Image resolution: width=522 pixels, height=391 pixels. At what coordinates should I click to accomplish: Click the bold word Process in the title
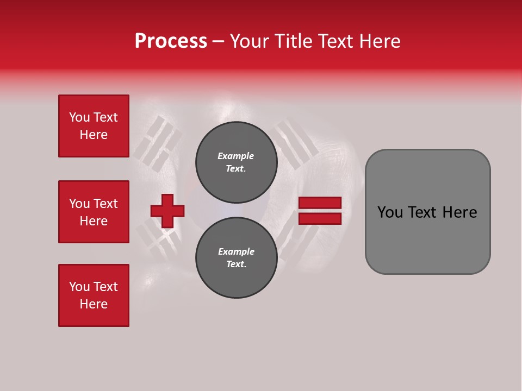pyautogui.click(x=171, y=41)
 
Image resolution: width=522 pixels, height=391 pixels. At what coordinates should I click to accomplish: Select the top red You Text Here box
pyautogui.click(x=94, y=126)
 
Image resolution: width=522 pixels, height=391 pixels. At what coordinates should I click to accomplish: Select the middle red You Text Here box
pyautogui.click(x=94, y=212)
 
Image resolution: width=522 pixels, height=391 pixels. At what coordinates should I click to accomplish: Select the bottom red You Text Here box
pyautogui.click(x=94, y=295)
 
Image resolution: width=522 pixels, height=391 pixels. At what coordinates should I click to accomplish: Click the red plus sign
pyautogui.click(x=167, y=210)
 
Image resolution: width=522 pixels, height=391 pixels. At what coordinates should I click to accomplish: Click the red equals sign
pyautogui.click(x=320, y=211)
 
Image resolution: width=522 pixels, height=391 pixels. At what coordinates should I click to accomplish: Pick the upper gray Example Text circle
pyautogui.click(x=236, y=162)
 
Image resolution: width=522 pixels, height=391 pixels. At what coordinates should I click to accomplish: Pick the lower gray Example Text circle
pyautogui.click(x=236, y=258)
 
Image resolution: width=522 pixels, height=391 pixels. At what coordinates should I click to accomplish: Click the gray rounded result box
pyautogui.click(x=427, y=212)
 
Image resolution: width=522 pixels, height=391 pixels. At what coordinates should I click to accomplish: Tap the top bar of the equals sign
pyautogui.click(x=320, y=203)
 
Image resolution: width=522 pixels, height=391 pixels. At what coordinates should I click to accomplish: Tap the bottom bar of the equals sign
pyautogui.click(x=320, y=218)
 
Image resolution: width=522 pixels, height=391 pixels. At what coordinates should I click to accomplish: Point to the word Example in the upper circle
pyautogui.click(x=236, y=156)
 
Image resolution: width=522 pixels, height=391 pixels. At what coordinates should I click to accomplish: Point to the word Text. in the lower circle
pyautogui.click(x=236, y=264)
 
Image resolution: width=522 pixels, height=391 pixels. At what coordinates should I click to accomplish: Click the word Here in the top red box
pyautogui.click(x=94, y=135)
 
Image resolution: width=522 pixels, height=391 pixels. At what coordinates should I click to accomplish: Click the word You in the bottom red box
pyautogui.click(x=79, y=287)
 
